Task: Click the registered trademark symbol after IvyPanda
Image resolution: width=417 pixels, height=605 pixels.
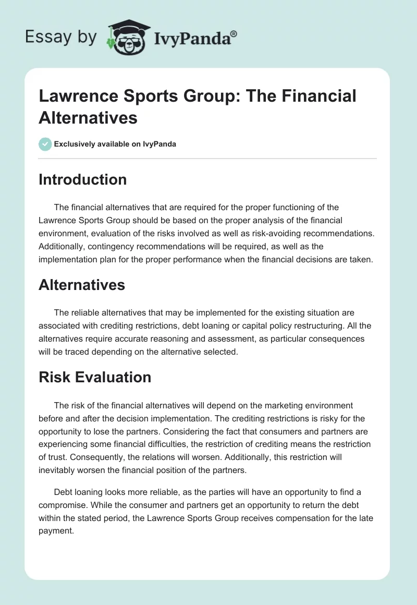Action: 234,34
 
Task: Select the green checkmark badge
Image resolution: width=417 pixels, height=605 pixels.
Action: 45,144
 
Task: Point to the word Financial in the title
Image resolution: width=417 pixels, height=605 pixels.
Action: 316,96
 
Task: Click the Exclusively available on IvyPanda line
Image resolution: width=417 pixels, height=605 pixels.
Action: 115,144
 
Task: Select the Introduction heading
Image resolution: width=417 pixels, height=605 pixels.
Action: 82,179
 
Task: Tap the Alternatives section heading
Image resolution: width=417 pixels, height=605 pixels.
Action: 82,284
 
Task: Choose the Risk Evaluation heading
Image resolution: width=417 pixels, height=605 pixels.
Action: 95,377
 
